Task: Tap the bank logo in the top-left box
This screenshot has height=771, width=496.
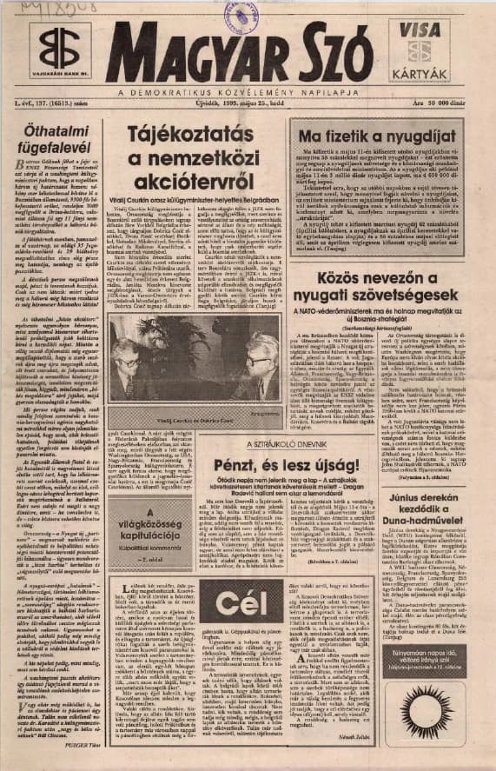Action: point(59,48)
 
